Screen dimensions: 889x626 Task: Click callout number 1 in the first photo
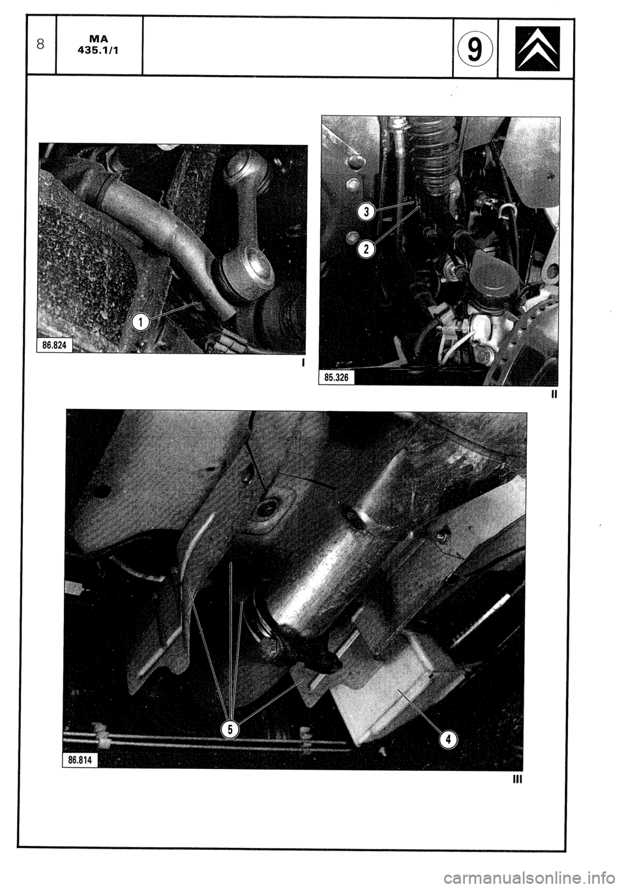coord(140,320)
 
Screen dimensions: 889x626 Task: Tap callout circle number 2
coord(366,249)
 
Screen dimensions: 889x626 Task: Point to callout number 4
coord(449,739)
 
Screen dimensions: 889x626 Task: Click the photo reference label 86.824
coord(55,344)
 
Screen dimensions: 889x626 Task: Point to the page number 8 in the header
coord(40,45)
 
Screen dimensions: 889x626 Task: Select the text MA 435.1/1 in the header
coord(99,45)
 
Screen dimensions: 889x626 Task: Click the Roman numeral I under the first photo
coord(303,362)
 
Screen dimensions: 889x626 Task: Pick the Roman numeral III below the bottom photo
coord(518,779)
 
